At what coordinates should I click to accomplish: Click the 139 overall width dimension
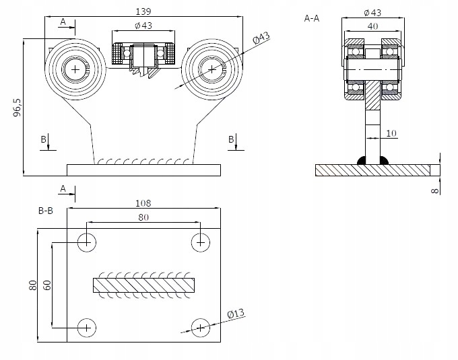tap(143, 11)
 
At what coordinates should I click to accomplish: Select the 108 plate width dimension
tap(143, 203)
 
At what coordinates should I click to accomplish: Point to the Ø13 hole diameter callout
tap(235, 314)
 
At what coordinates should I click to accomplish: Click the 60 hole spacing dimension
tap(46, 285)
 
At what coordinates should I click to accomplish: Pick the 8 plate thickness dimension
tap(435, 190)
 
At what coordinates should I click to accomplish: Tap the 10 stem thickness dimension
tap(392, 133)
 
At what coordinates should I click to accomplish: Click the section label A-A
tap(312, 19)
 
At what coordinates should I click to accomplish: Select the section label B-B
tap(46, 211)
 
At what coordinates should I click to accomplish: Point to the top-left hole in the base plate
tap(86, 242)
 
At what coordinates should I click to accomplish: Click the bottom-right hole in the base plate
tap(200, 328)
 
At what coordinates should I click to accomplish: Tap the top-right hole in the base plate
tap(200, 242)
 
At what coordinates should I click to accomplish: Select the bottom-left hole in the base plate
tap(86, 328)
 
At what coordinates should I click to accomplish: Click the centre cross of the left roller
tap(75, 69)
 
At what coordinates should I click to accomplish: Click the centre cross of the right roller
tap(212, 69)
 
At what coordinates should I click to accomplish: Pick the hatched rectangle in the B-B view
tap(143, 285)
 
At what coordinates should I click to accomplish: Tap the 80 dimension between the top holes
tap(143, 217)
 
